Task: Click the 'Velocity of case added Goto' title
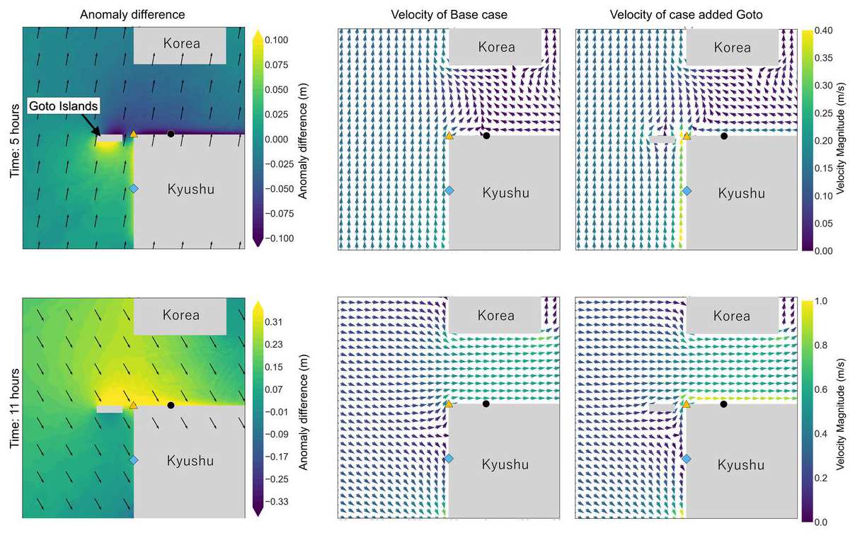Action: pos(686,14)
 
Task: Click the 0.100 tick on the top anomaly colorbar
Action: pos(276,40)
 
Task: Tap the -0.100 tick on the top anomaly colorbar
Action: pos(277,239)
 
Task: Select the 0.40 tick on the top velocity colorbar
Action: pos(822,30)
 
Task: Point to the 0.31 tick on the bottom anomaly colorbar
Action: pos(274,322)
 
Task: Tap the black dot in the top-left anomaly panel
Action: pos(171,133)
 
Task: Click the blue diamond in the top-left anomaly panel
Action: pos(134,188)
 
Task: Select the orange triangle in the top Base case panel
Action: pos(449,135)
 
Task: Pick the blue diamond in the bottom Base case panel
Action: pos(449,459)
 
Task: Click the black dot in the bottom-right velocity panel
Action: pos(723,404)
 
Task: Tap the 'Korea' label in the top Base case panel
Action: pos(496,47)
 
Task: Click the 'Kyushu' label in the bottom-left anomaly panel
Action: pos(190,461)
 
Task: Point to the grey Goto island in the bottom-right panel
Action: pos(662,407)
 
